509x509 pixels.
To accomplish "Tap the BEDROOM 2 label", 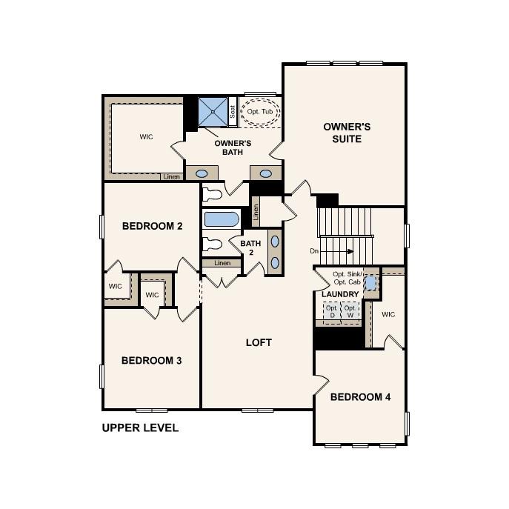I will pos(152,226).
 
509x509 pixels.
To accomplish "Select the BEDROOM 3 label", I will pos(152,361).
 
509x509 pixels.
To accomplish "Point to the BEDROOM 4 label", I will pos(360,397).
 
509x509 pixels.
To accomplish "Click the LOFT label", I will pos(259,342).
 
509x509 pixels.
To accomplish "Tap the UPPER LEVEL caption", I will pos(140,428).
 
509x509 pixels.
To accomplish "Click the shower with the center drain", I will pos(213,112).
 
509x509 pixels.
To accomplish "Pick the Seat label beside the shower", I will pos(233,112).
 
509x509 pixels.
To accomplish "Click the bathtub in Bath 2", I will pos(222,219).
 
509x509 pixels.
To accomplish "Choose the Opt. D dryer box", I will pos(332,311).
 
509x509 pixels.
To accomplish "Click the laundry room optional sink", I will pos(370,283).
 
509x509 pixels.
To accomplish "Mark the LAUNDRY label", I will pos(340,294).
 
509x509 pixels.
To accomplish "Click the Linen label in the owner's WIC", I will pos(171,177).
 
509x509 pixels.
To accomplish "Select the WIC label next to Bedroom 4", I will pos(388,314).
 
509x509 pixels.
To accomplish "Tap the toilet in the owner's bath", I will pos(213,195).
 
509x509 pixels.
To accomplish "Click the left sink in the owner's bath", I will pos(201,173).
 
